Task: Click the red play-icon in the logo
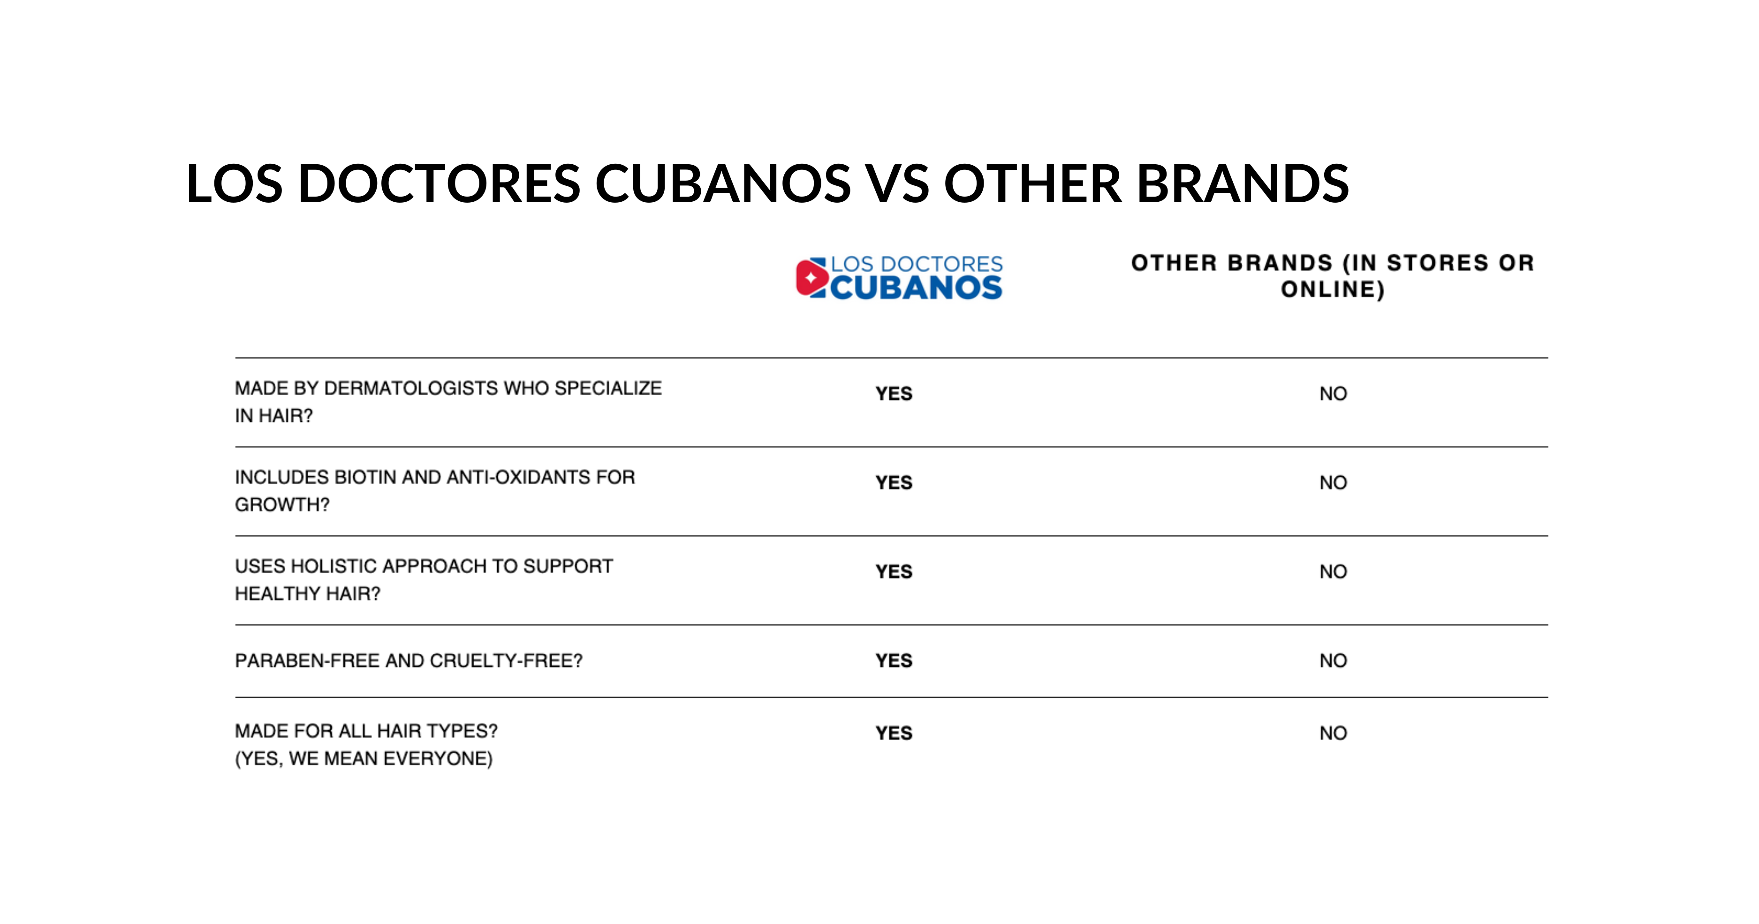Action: coord(811,278)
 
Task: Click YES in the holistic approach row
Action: coord(894,572)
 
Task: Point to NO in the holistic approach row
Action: coord(1333,572)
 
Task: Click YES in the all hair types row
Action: coord(894,733)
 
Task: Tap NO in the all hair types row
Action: coord(1333,733)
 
